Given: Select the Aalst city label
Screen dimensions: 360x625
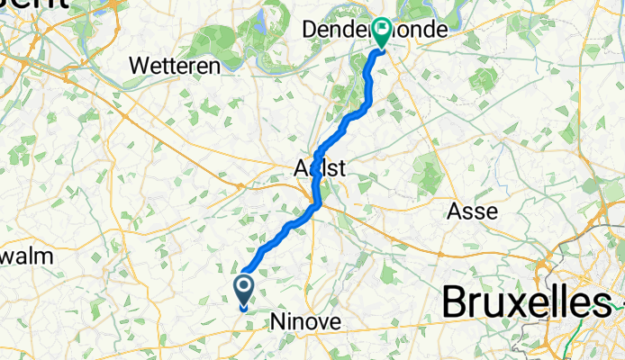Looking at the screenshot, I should [x=320, y=167].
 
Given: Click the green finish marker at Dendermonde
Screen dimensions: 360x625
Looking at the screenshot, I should [x=382, y=34].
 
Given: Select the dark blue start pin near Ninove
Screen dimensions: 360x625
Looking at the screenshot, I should [x=244, y=291].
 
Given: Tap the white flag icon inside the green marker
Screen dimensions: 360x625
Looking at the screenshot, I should [x=382, y=31].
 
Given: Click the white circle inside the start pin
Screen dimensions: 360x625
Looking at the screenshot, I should [x=244, y=288].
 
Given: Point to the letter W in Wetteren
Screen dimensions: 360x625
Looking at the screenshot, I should [x=140, y=66].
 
